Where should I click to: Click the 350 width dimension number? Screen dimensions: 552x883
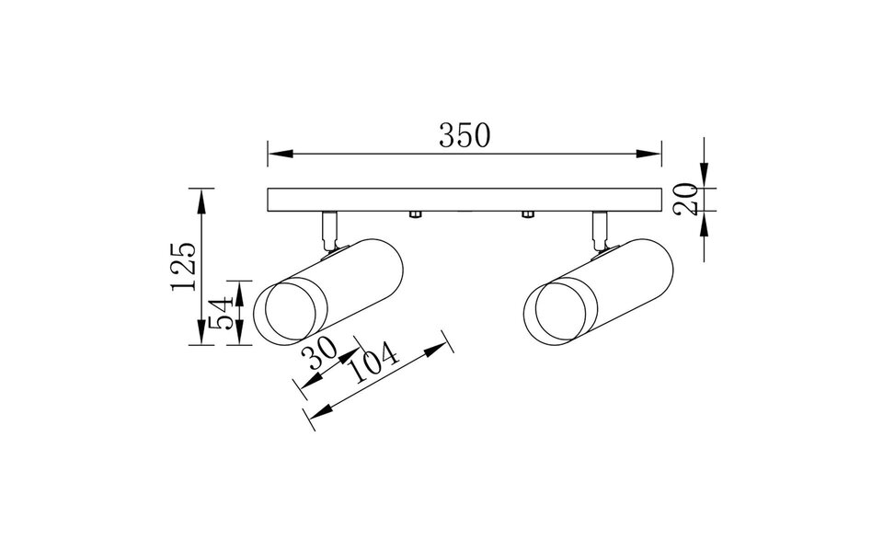point(464,136)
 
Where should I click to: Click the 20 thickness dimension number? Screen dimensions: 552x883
point(684,200)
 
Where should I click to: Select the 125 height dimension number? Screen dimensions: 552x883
point(182,266)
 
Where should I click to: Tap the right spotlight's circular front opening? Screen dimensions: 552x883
point(554,312)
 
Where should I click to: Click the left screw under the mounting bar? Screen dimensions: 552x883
point(414,215)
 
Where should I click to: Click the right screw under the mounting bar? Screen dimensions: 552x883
point(527,215)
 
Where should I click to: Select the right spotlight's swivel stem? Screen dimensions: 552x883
point(599,228)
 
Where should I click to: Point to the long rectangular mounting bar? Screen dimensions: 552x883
point(464,201)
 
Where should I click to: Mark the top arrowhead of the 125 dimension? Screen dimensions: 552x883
point(201,195)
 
